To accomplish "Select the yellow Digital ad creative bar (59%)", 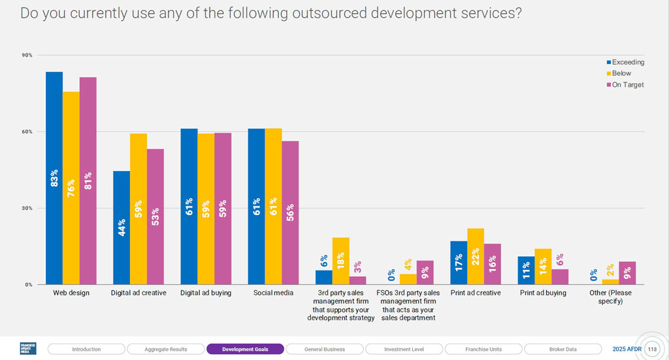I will [x=139, y=209].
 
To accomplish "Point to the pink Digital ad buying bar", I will [x=223, y=208].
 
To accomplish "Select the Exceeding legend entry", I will [x=625, y=62].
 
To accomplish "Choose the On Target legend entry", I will [x=625, y=84].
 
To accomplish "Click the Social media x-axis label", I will [x=273, y=293].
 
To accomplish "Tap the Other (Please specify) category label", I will [x=611, y=297].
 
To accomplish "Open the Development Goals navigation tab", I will [x=245, y=349].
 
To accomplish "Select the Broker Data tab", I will [x=563, y=349].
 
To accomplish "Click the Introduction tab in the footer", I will [x=86, y=349].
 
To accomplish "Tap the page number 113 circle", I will [x=651, y=349].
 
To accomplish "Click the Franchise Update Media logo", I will [x=28, y=349].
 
